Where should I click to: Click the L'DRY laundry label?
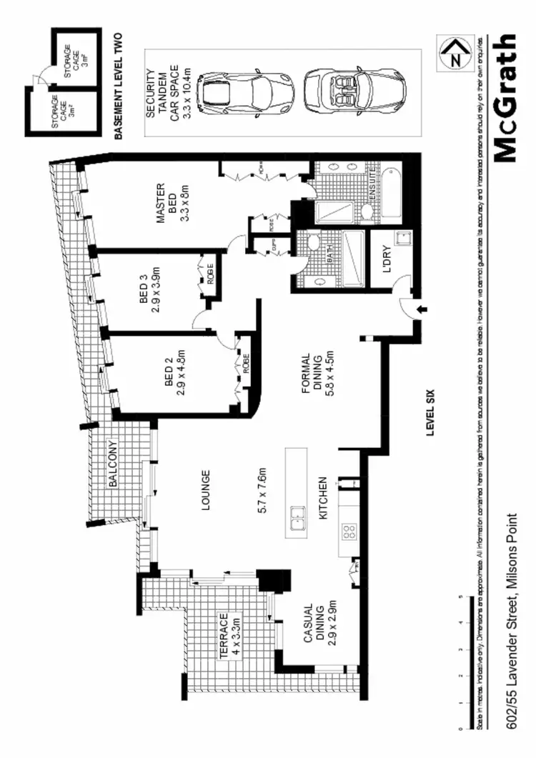pyautogui.click(x=389, y=266)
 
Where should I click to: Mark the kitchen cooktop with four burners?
pyautogui.click(x=349, y=531)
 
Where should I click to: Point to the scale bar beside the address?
pyautogui.click(x=469, y=661)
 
